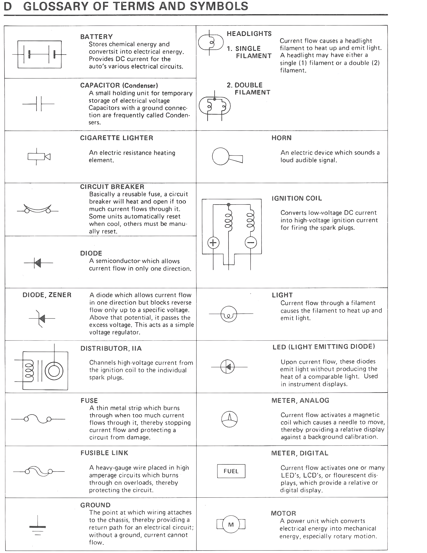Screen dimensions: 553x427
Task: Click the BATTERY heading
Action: pyautogui.click(x=96, y=37)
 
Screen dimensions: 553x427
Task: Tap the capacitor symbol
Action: pyautogui.click(x=38, y=104)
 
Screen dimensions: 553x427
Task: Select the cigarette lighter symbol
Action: pyautogui.click(x=39, y=157)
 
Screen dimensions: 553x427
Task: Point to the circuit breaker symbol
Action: pyautogui.click(x=38, y=209)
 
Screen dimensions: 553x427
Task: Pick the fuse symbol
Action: pyautogui.click(x=38, y=419)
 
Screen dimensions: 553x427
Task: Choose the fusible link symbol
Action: pyautogui.click(x=39, y=471)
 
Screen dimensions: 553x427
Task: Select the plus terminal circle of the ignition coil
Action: pyautogui.click(x=213, y=243)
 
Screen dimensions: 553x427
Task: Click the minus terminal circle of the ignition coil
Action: pyautogui.click(x=251, y=243)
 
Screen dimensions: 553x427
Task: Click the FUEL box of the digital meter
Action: pyautogui.click(x=231, y=471)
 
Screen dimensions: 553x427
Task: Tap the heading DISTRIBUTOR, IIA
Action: pyautogui.click(x=111, y=348)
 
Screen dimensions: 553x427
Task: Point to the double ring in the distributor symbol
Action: pyautogui.click(x=54, y=371)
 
